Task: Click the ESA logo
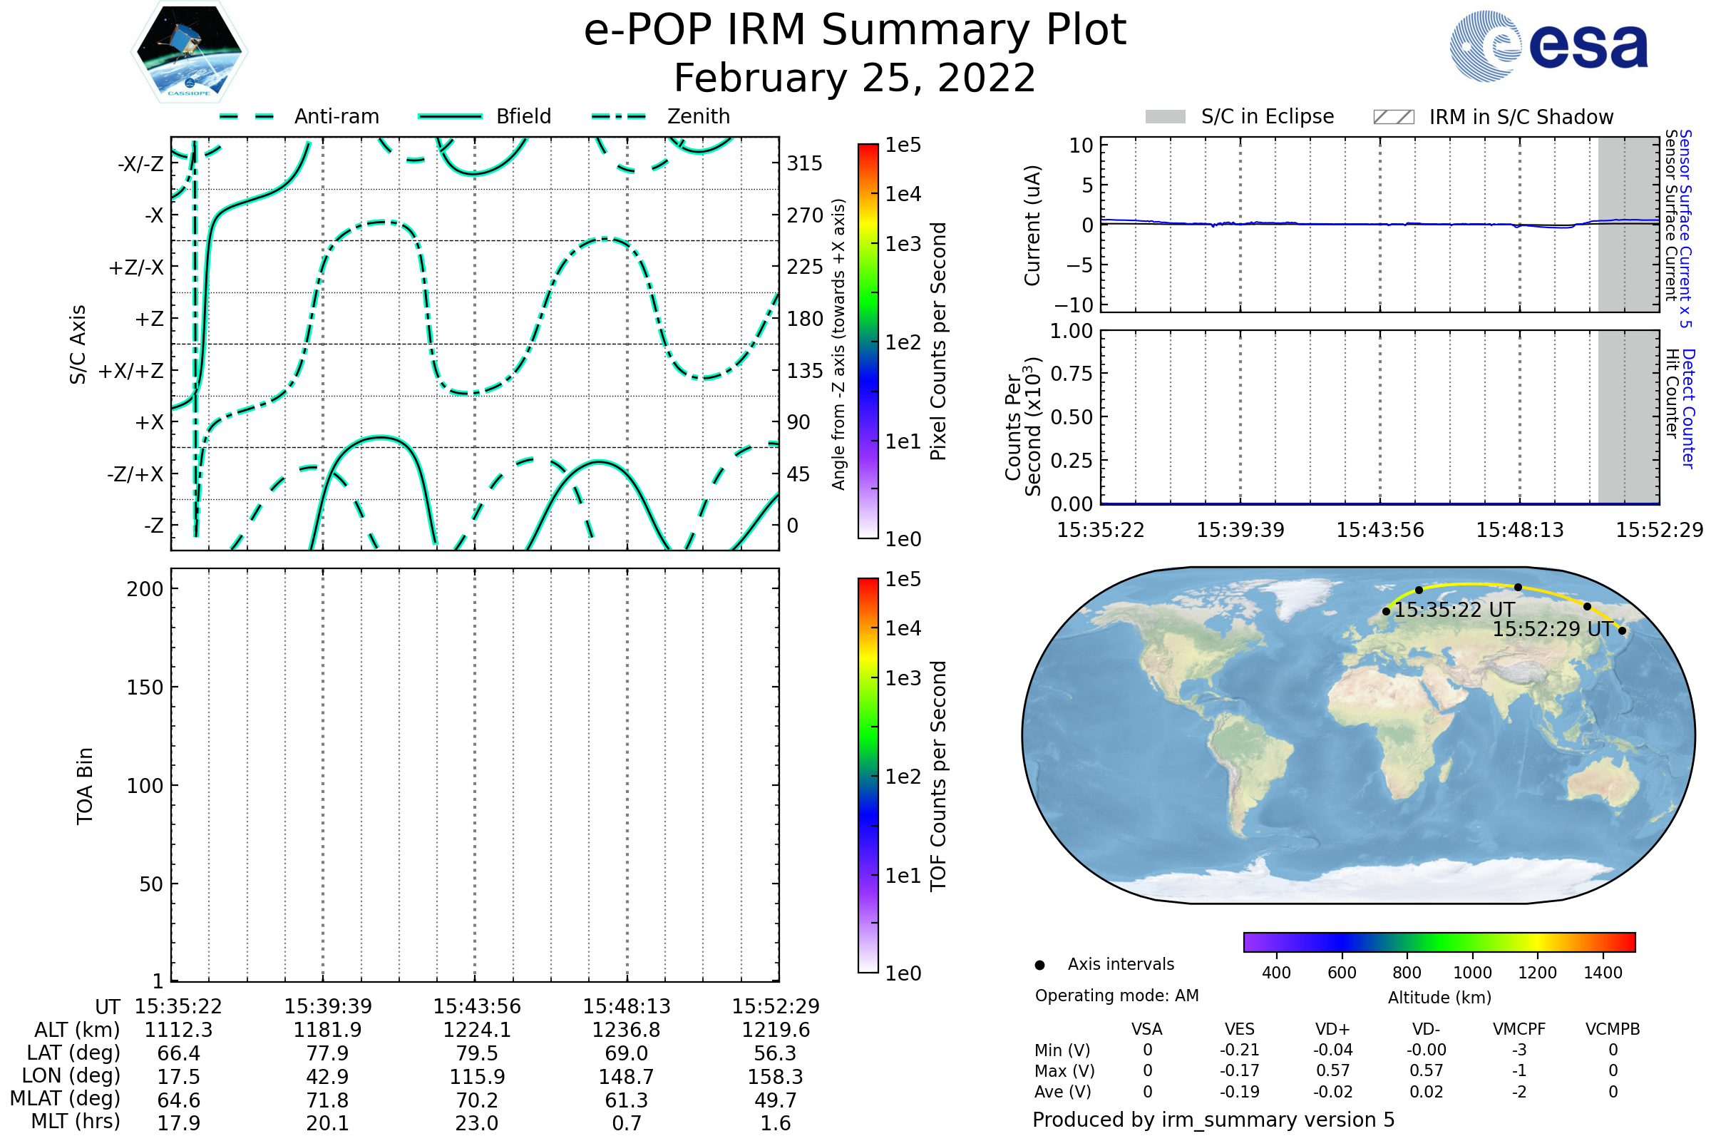pyautogui.click(x=1548, y=46)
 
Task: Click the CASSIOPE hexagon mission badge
pyautogui.click(x=189, y=51)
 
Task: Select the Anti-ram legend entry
pyautogui.click(x=299, y=116)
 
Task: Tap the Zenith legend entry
pyautogui.click(x=661, y=116)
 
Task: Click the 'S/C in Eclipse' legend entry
pyautogui.click(x=1240, y=116)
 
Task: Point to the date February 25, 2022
pyautogui.click(x=855, y=78)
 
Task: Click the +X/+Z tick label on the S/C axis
pyautogui.click(x=131, y=371)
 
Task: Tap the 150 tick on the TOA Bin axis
pyautogui.click(x=145, y=687)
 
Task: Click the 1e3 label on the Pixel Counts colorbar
pyautogui.click(x=903, y=244)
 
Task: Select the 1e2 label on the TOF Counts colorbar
pyautogui.click(x=903, y=777)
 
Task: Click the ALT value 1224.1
pyautogui.click(x=477, y=1030)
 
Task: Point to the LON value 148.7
pyautogui.click(x=627, y=1077)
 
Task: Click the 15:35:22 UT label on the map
pyautogui.click(x=1454, y=610)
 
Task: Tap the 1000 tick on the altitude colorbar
pyautogui.click(x=1472, y=973)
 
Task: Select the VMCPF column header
pyautogui.click(x=1519, y=1030)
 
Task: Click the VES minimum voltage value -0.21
pyautogui.click(x=1240, y=1050)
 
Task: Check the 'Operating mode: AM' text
pyautogui.click(x=1116, y=996)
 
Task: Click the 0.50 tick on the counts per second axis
pyautogui.click(x=1072, y=418)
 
